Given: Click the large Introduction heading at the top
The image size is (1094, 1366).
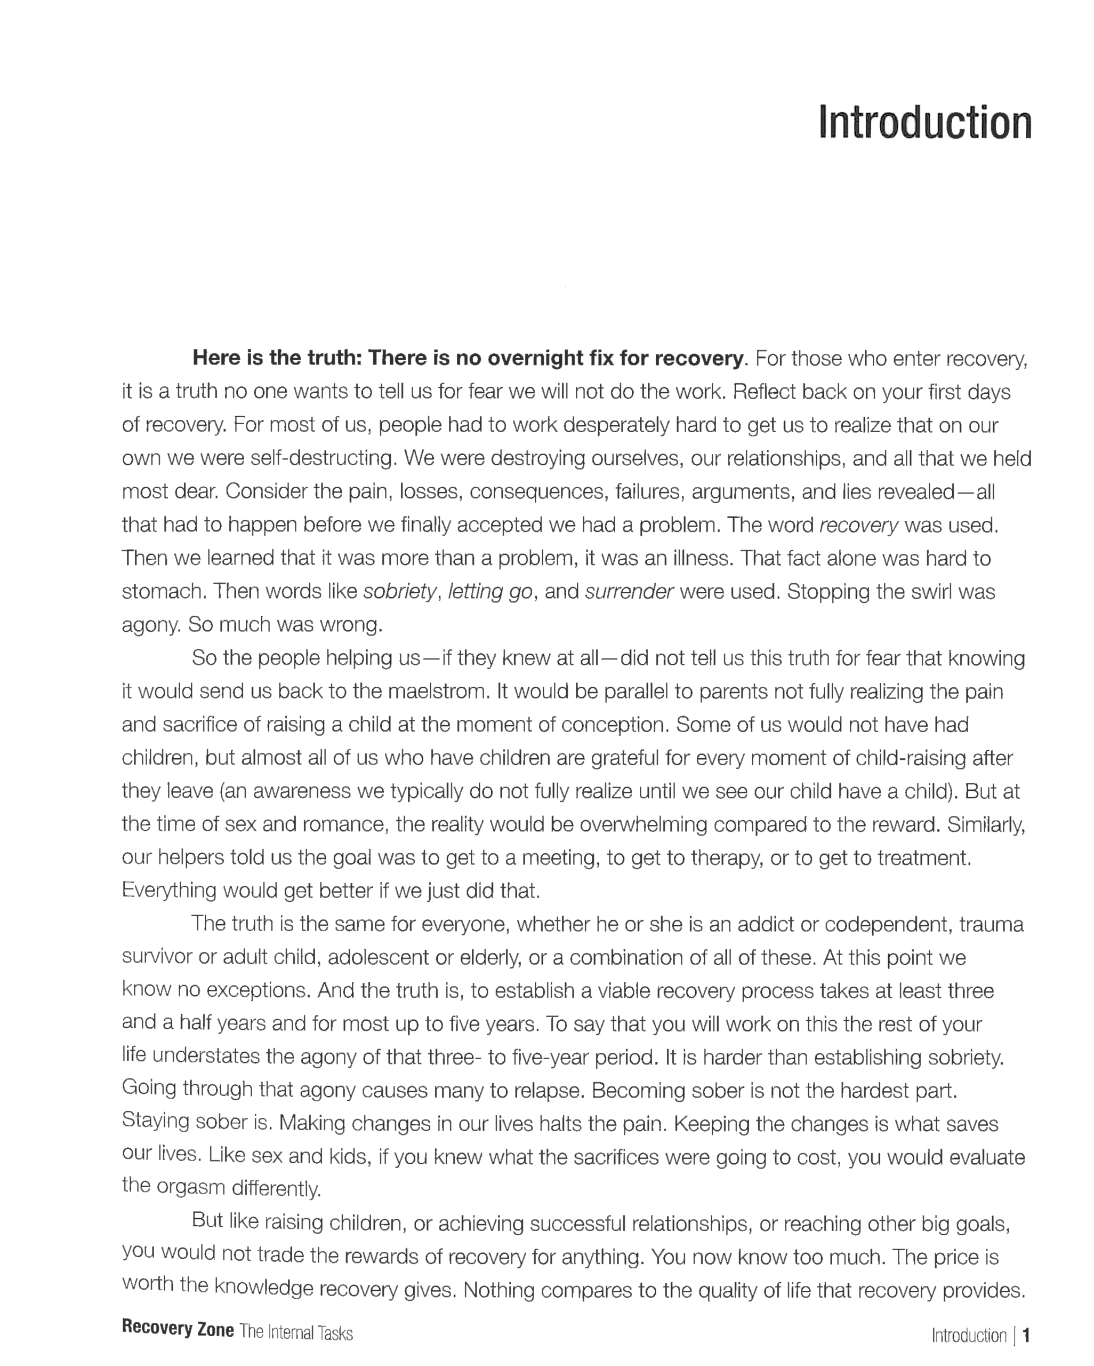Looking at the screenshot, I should pyautogui.click(x=924, y=122).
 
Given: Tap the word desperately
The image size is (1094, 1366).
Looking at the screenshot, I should pyautogui.click(x=615, y=425).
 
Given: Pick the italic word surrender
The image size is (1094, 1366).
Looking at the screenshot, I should pyautogui.click(x=629, y=592).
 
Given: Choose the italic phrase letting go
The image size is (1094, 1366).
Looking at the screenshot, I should pyautogui.click(x=489, y=592).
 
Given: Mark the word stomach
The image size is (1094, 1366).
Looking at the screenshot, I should pyautogui.click(x=163, y=592).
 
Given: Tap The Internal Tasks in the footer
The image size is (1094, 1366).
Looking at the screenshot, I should pyautogui.click(x=296, y=1332).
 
